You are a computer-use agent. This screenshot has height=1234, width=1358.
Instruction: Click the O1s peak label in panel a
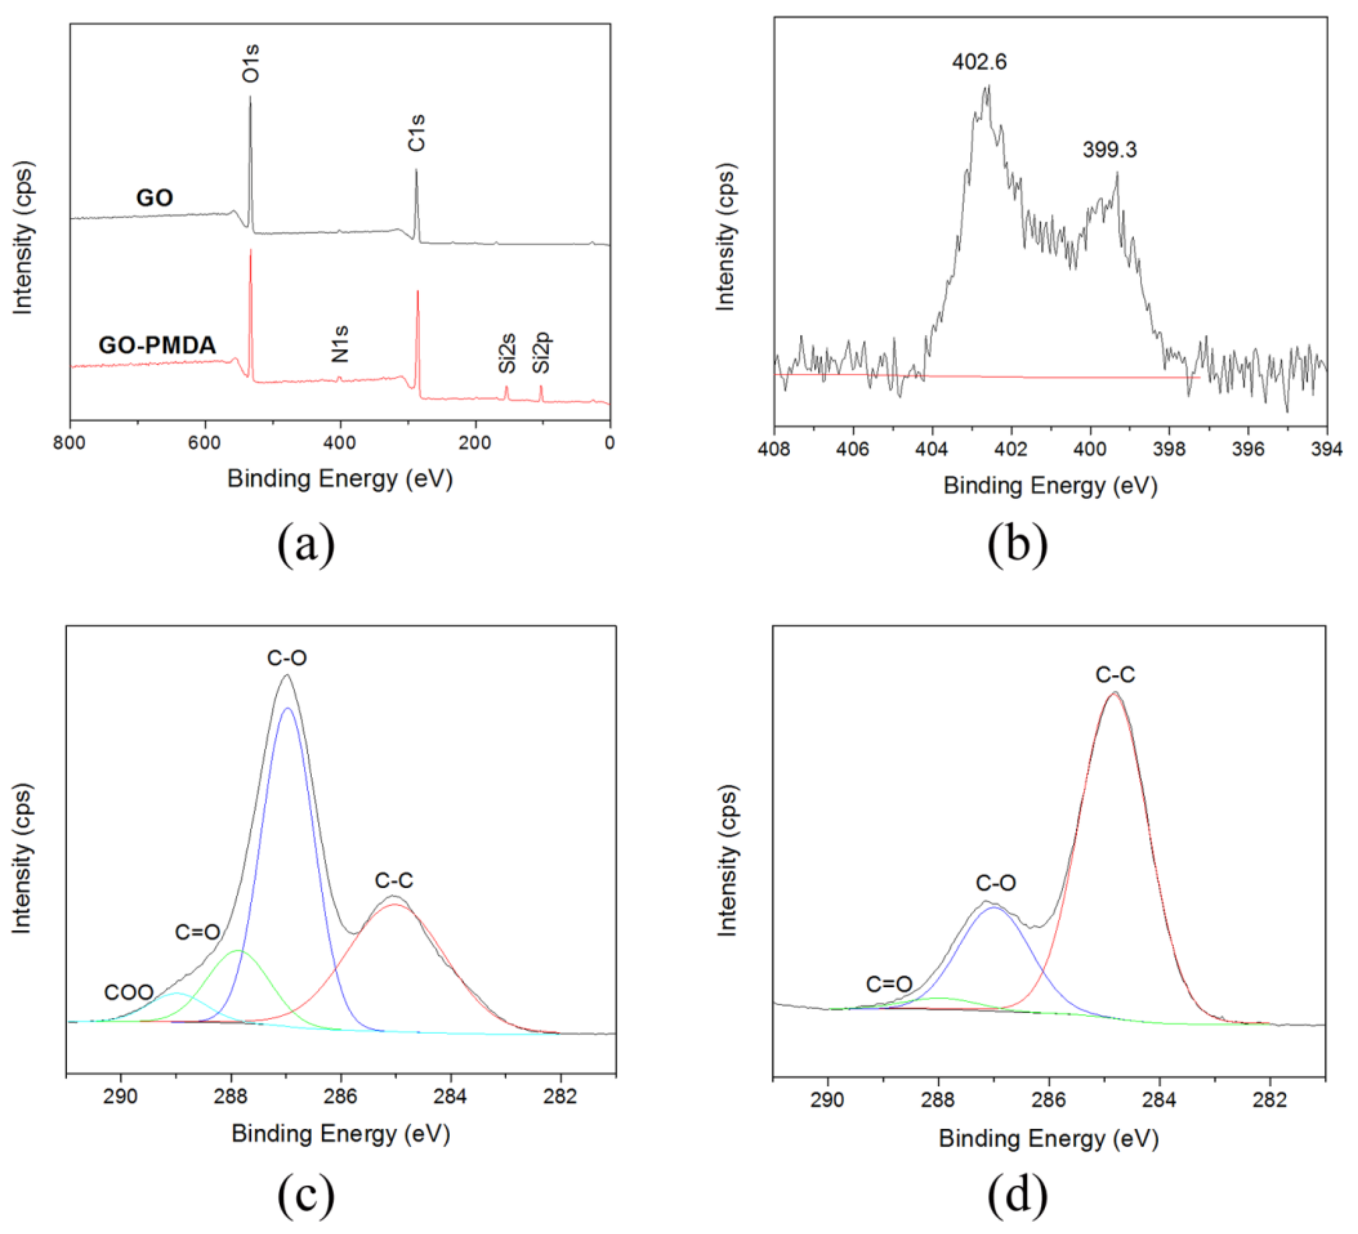pos(251,64)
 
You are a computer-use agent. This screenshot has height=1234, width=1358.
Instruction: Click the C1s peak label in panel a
pos(417,133)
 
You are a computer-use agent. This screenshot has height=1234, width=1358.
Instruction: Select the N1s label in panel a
pos(340,344)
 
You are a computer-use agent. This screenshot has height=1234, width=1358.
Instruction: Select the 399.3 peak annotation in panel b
pos(1109,150)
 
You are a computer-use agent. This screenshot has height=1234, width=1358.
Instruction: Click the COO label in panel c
pos(129,992)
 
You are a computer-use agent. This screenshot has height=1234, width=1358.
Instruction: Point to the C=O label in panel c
pos(197,932)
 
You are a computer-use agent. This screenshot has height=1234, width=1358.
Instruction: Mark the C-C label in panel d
pos(1115,674)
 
